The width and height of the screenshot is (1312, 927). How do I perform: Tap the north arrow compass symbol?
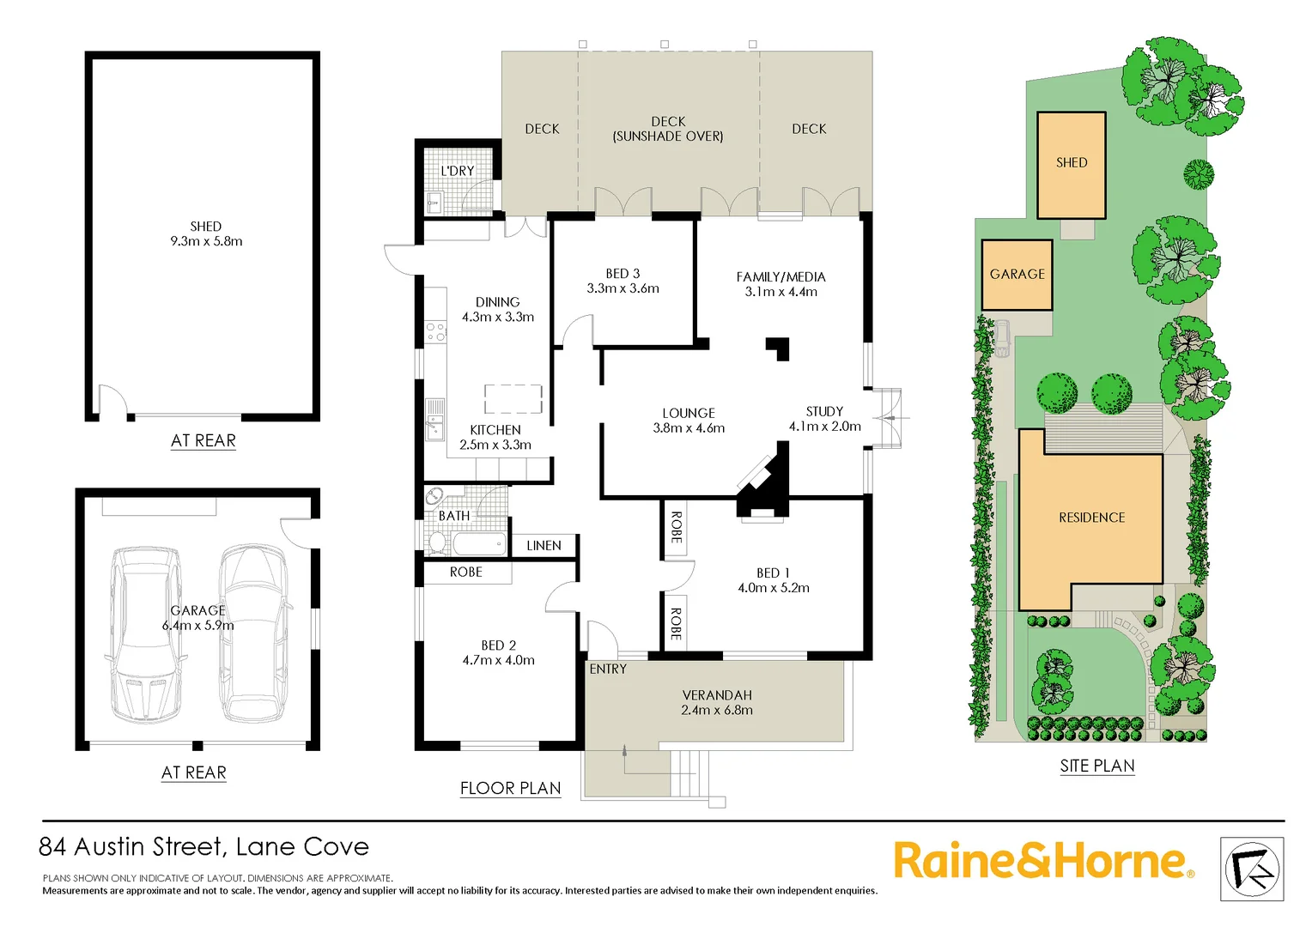[1252, 869]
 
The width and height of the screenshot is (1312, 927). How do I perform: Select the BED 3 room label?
[623, 273]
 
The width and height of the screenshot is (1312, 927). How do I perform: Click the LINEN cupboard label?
[544, 546]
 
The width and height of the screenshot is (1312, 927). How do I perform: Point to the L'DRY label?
[457, 171]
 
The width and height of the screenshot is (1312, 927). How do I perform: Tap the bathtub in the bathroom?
[479, 544]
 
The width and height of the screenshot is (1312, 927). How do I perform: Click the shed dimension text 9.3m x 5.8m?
[206, 241]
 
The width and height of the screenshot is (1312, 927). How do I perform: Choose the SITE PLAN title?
[1096, 766]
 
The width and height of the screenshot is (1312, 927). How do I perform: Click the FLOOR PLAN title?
[510, 788]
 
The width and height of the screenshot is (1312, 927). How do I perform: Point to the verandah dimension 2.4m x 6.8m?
[717, 711]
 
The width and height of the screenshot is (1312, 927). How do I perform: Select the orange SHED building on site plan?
[1071, 165]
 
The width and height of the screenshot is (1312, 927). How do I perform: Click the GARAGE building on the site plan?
[1017, 275]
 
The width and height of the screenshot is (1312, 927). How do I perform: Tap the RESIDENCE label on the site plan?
[1091, 518]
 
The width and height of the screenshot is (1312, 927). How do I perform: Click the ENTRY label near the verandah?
[608, 669]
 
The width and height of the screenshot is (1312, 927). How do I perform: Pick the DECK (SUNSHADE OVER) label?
[668, 129]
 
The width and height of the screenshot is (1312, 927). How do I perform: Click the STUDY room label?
[824, 411]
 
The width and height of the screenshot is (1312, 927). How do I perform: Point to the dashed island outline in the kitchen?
[513, 399]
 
